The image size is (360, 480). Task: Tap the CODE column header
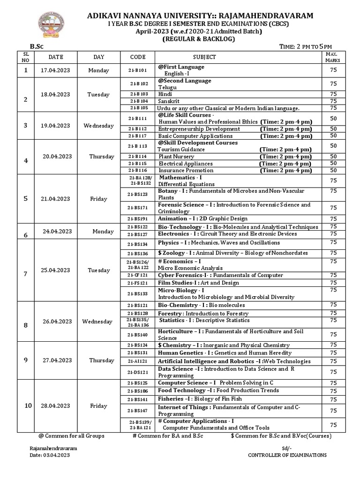click(x=138, y=57)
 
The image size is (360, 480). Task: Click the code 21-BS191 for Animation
click(x=138, y=218)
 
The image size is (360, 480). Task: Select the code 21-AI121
click(x=138, y=361)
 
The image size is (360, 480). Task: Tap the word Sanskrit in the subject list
click(x=169, y=101)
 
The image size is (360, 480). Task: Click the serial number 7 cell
click(x=26, y=270)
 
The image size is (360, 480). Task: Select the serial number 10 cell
click(x=26, y=405)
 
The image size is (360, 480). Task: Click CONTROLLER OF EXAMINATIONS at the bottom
click(x=287, y=455)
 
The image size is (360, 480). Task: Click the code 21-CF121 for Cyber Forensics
click(x=138, y=275)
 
